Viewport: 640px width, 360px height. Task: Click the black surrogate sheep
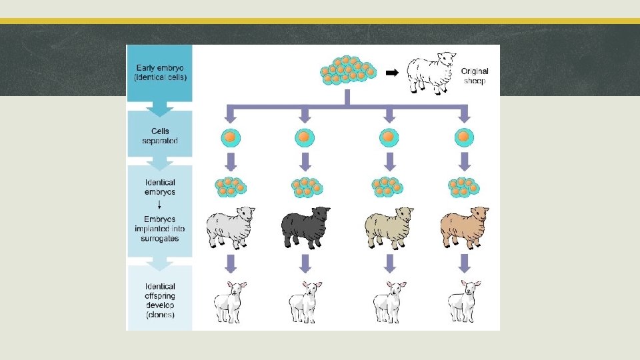pyautogui.click(x=305, y=227)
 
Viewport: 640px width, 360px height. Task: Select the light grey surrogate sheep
pyautogui.click(x=231, y=227)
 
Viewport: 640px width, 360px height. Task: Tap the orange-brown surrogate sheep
pyautogui.click(x=464, y=227)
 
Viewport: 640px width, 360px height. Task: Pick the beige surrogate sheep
pyautogui.click(x=389, y=227)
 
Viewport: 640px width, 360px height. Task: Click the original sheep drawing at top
pyautogui.click(x=431, y=73)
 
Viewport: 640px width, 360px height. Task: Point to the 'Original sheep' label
pyautogui.click(x=475, y=76)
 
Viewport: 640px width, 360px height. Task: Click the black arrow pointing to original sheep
pyautogui.click(x=393, y=73)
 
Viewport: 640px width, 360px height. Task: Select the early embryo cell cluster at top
pyautogui.click(x=347, y=71)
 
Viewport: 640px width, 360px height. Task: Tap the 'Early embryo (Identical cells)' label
pyautogui.click(x=161, y=72)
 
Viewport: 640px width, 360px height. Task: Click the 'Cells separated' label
pyautogui.click(x=160, y=136)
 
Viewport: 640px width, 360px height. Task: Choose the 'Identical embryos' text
pyautogui.click(x=160, y=187)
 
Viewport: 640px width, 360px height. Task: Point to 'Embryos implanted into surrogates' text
pyautogui.click(x=160, y=229)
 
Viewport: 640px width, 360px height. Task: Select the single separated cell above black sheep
pyautogui.click(x=305, y=137)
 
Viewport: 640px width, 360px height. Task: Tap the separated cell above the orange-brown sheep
pyautogui.click(x=464, y=137)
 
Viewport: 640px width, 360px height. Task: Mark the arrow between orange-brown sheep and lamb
pyautogui.click(x=464, y=263)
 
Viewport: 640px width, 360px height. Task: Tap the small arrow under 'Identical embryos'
pyautogui.click(x=159, y=205)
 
